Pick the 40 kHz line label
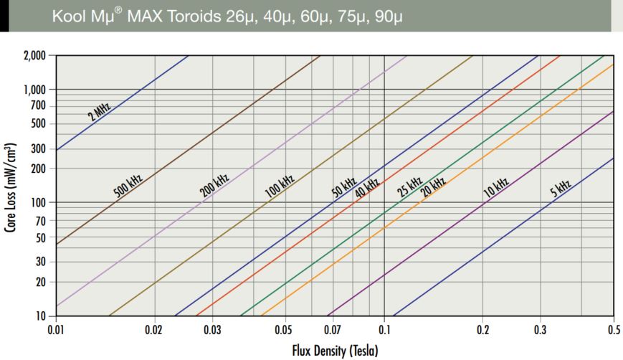point(367,186)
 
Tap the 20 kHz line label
point(433,186)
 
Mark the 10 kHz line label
point(496,188)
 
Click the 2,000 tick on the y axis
point(34,55)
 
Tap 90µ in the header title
point(389,16)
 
